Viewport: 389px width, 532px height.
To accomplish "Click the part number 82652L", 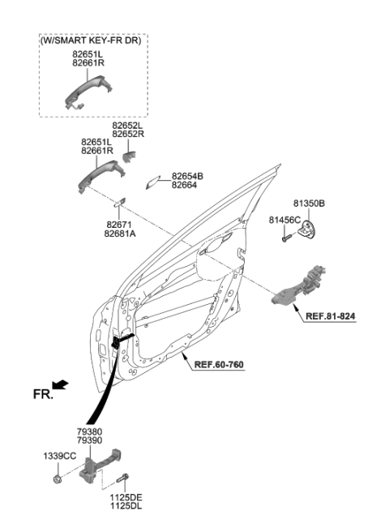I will point(128,127).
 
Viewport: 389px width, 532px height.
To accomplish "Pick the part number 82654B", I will point(187,176).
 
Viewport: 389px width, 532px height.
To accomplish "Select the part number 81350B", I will point(309,205).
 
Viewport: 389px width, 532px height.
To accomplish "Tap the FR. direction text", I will point(43,396).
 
